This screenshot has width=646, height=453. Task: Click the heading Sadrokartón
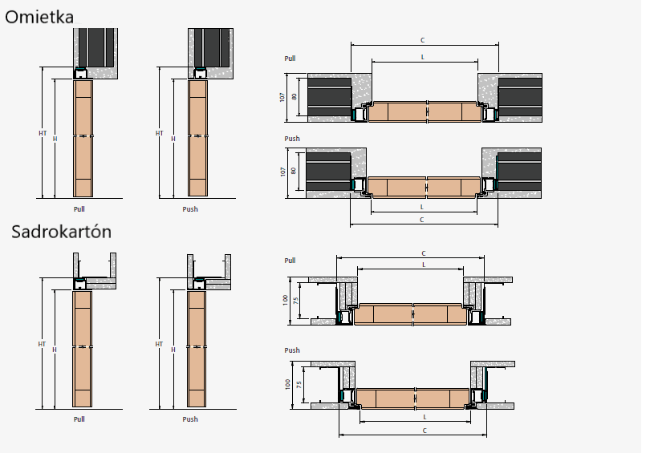coord(61,232)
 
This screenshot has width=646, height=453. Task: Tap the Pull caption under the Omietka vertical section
coord(79,209)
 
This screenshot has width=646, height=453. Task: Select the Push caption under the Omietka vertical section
coord(190,209)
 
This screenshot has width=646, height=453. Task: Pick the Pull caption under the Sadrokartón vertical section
coord(79,419)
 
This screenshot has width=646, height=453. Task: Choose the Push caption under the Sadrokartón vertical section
coord(190,419)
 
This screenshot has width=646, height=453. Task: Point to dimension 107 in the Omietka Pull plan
coord(282,97)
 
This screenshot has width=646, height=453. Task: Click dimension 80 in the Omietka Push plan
coord(295,170)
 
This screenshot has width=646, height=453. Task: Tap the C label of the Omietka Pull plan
coord(423,40)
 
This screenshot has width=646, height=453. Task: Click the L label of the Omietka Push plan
coord(423,207)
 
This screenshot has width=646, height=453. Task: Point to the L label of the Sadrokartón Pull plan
coord(423,265)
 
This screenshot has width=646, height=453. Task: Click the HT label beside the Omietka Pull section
coord(43,133)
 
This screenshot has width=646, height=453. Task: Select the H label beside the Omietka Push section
coord(173,139)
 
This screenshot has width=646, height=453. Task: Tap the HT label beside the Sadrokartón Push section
coord(159,344)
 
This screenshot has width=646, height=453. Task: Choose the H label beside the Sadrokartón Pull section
coord(55,350)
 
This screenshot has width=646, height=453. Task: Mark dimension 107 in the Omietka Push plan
coord(282,172)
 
